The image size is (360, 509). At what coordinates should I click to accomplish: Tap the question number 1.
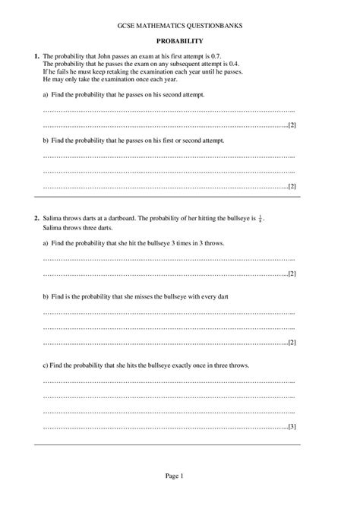[x=36, y=56]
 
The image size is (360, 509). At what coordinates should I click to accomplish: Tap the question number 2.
[x=36, y=218]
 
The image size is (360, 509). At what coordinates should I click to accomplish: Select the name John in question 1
[x=95, y=56]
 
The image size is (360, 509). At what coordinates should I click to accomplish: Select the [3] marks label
[x=291, y=426]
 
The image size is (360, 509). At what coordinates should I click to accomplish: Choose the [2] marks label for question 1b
[x=291, y=186]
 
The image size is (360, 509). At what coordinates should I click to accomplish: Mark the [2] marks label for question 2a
[x=291, y=273]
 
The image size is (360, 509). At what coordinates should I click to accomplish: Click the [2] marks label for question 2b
[x=291, y=342]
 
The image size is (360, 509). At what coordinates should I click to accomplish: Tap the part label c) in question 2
[x=46, y=365]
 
